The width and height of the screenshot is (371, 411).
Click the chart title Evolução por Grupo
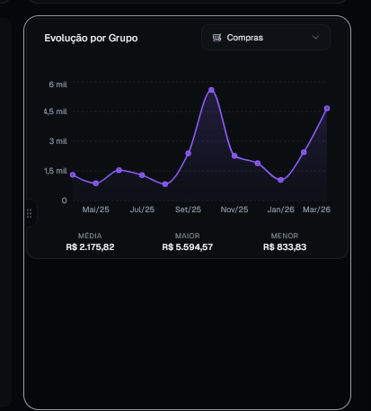(x=91, y=39)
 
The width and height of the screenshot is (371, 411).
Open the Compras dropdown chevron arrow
(x=315, y=38)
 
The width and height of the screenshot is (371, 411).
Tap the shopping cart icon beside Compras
(x=216, y=38)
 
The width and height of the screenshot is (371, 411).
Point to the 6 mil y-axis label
(x=58, y=85)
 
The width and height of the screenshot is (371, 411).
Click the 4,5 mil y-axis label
(x=56, y=112)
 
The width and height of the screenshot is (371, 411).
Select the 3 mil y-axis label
(x=58, y=141)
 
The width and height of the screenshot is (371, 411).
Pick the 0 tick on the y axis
(x=65, y=201)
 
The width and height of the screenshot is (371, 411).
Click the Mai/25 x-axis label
(x=96, y=210)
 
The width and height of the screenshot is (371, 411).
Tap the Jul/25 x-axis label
(x=142, y=210)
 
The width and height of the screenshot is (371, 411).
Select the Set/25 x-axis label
(x=188, y=210)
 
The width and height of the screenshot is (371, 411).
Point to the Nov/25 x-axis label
(x=234, y=210)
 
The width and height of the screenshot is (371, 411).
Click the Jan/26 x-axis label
(x=280, y=210)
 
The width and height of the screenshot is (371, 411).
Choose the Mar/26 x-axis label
(x=316, y=210)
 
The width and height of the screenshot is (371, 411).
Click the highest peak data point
(x=211, y=90)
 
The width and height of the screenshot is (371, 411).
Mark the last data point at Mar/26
(x=327, y=108)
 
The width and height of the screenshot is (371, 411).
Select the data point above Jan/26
(x=280, y=180)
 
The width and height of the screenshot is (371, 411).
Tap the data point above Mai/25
(x=96, y=183)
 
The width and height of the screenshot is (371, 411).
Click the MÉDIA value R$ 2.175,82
(x=90, y=247)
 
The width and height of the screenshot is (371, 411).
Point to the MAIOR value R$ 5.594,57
(x=188, y=247)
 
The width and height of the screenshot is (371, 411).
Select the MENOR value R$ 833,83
(x=285, y=247)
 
